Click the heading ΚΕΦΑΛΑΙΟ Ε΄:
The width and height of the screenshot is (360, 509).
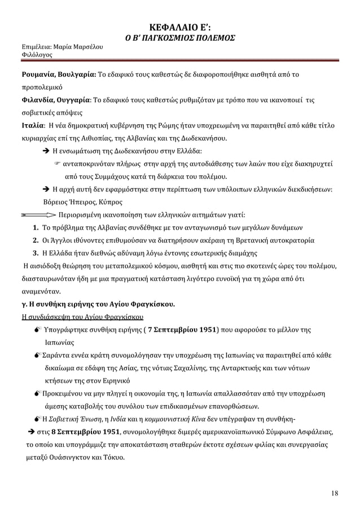(179, 26)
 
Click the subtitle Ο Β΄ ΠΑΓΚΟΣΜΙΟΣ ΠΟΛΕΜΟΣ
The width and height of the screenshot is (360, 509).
(179, 38)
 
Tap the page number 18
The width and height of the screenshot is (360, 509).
(335, 494)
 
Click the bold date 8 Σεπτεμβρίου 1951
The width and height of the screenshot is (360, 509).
(88, 432)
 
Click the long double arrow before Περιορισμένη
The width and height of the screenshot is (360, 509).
(39, 215)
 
